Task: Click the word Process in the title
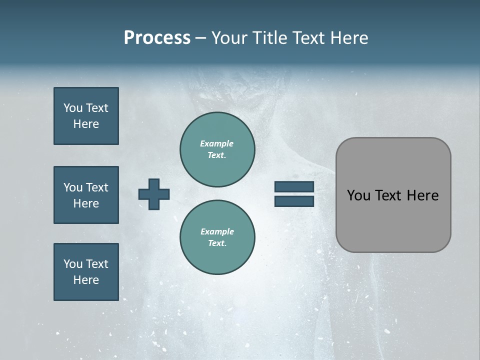(x=157, y=38)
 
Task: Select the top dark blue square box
(x=86, y=116)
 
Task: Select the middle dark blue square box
(x=86, y=195)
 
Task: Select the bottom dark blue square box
(x=86, y=272)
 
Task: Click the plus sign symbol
(x=154, y=194)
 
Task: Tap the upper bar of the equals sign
(x=294, y=187)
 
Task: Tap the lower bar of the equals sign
(x=294, y=201)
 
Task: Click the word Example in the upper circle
(x=217, y=143)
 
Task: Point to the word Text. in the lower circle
(x=217, y=243)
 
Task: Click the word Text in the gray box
(x=388, y=195)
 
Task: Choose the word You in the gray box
(x=358, y=195)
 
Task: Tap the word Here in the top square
(x=86, y=124)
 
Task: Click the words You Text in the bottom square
(x=86, y=263)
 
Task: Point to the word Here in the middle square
(x=86, y=203)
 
